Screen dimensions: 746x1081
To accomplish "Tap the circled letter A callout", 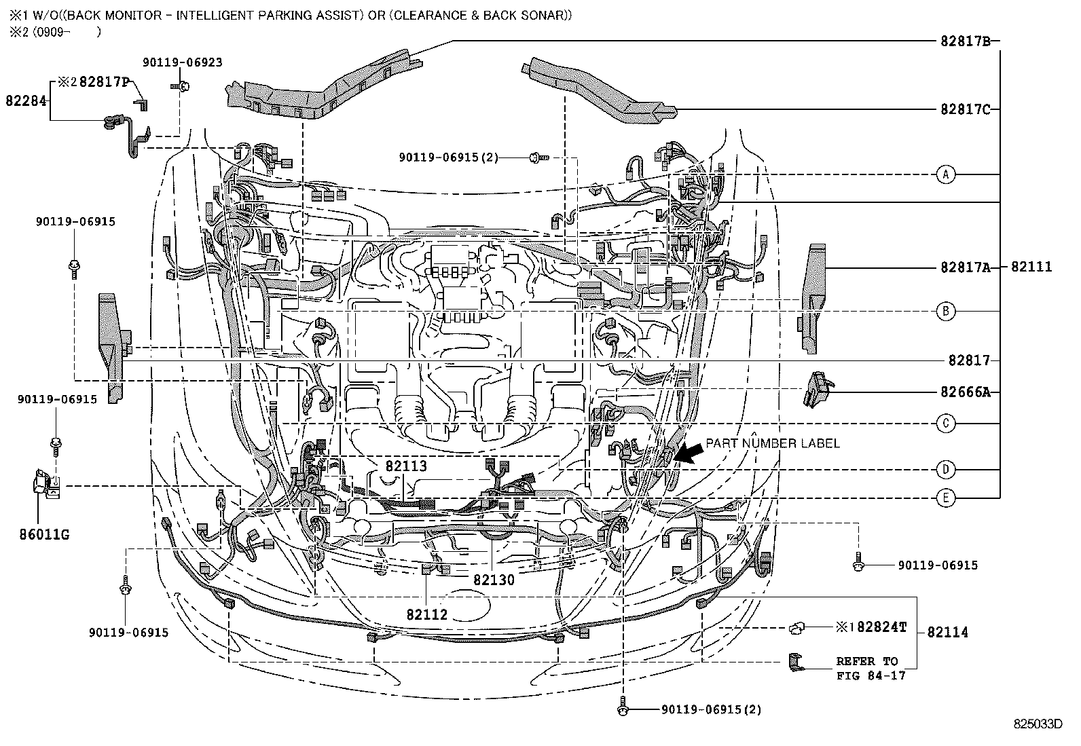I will point(945,174).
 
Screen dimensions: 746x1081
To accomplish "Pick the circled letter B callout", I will point(945,311).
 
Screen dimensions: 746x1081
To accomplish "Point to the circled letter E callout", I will point(945,498).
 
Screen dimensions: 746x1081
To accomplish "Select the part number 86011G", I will point(44,535).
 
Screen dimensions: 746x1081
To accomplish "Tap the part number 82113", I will point(406,466).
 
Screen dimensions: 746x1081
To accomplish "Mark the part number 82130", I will point(494,580).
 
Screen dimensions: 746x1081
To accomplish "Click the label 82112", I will point(427,614).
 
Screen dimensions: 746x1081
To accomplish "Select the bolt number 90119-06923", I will point(182,62).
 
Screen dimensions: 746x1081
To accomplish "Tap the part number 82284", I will point(26,100).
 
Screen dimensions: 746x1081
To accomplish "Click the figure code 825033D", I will point(1038,724).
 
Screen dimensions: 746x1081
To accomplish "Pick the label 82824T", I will point(881,627).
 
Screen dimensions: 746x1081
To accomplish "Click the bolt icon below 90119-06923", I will point(183,86).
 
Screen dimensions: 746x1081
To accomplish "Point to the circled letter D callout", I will point(945,469).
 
